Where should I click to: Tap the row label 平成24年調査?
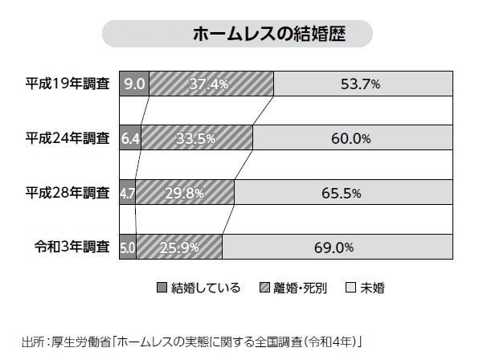(x=68, y=138)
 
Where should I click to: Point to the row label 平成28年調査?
(x=68, y=193)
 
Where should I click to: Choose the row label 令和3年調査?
(x=72, y=247)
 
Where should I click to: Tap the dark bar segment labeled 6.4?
(x=129, y=138)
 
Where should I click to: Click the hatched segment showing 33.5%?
(x=197, y=138)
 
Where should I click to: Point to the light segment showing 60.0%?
(x=350, y=138)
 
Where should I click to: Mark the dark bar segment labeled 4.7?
(x=127, y=193)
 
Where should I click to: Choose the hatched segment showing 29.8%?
(x=185, y=193)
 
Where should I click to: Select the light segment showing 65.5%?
(x=341, y=193)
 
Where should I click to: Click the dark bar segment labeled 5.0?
(x=128, y=247)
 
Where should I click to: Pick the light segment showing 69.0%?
(x=334, y=247)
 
